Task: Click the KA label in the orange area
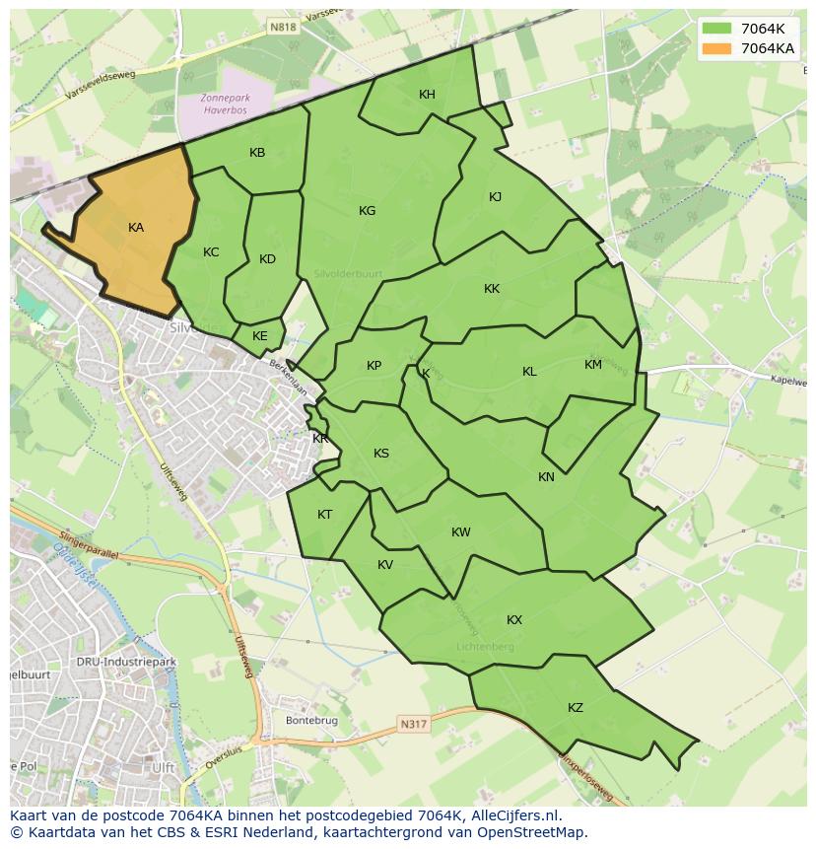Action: point(136,228)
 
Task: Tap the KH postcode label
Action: point(427,95)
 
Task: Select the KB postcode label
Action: point(257,153)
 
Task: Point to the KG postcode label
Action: point(368,211)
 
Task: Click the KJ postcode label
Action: point(495,197)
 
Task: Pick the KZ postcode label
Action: point(576,708)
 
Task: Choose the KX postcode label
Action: point(514,620)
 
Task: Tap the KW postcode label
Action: point(460,532)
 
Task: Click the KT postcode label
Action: point(325,515)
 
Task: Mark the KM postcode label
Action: point(592,365)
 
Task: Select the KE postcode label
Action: point(260,336)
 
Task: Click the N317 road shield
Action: point(414,725)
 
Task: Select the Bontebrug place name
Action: point(311,721)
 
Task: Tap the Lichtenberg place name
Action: point(485,647)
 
